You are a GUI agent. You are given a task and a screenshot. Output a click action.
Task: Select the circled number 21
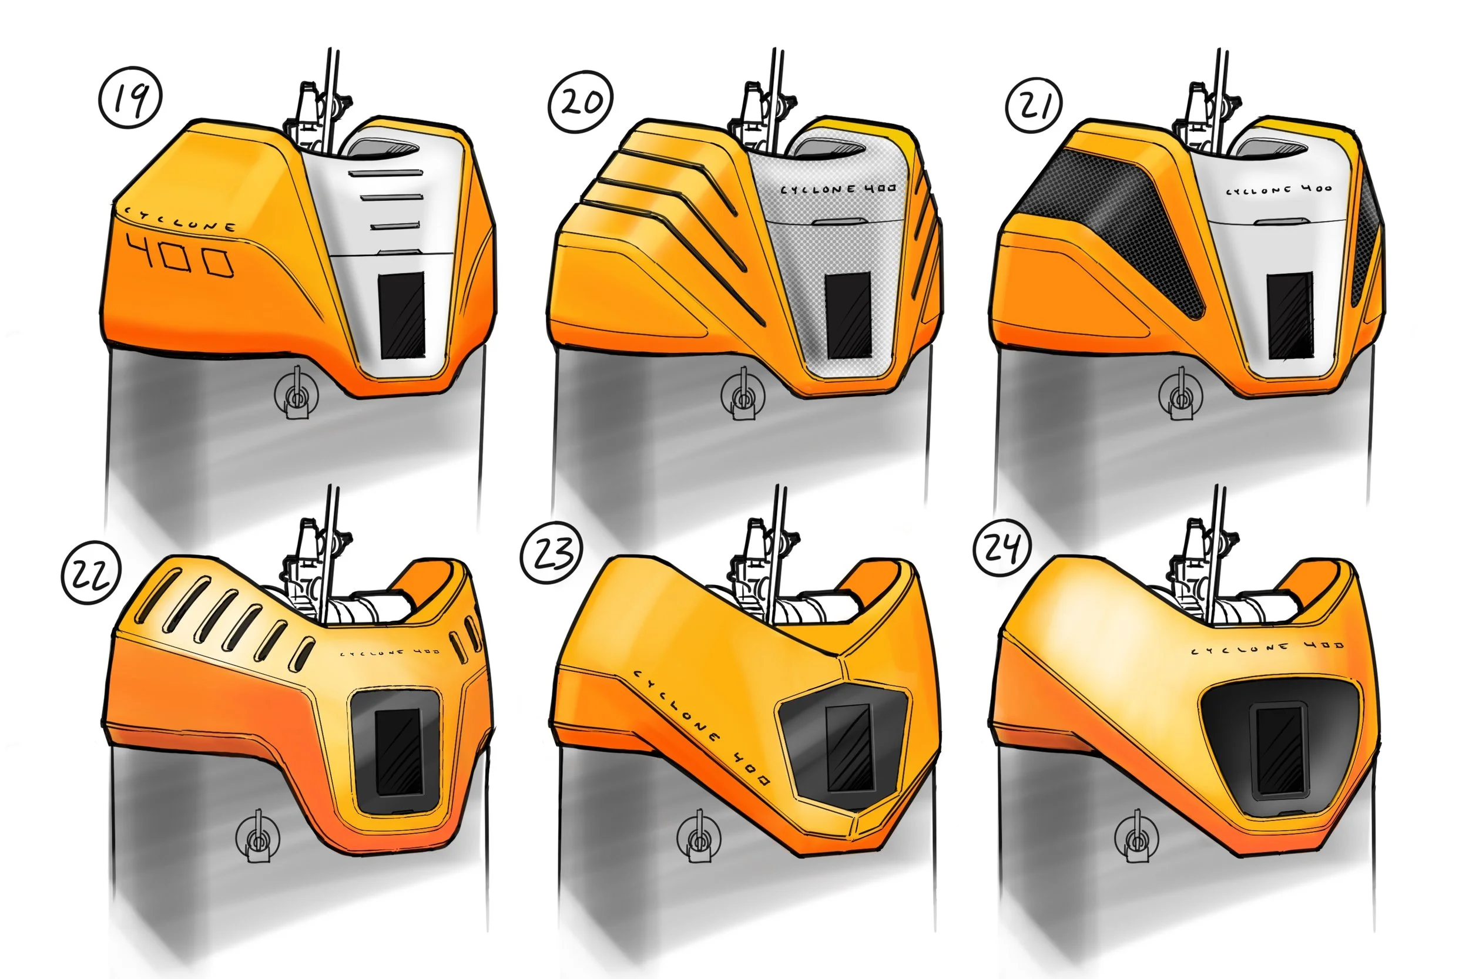pyautogui.click(x=1035, y=105)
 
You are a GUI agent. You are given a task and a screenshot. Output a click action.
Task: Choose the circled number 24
pyautogui.click(x=1002, y=547)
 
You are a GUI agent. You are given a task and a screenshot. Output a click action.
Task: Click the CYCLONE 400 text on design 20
pyautogui.click(x=837, y=188)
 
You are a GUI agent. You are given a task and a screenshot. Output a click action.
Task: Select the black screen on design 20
pyautogui.click(x=848, y=315)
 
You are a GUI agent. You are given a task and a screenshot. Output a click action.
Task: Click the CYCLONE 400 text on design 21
pyautogui.click(x=1278, y=189)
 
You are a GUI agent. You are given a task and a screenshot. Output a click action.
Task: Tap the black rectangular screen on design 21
pyautogui.click(x=1290, y=315)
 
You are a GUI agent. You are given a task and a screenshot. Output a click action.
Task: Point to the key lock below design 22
pyautogui.click(x=257, y=837)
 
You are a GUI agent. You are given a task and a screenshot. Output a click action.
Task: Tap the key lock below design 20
pyautogui.click(x=742, y=395)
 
